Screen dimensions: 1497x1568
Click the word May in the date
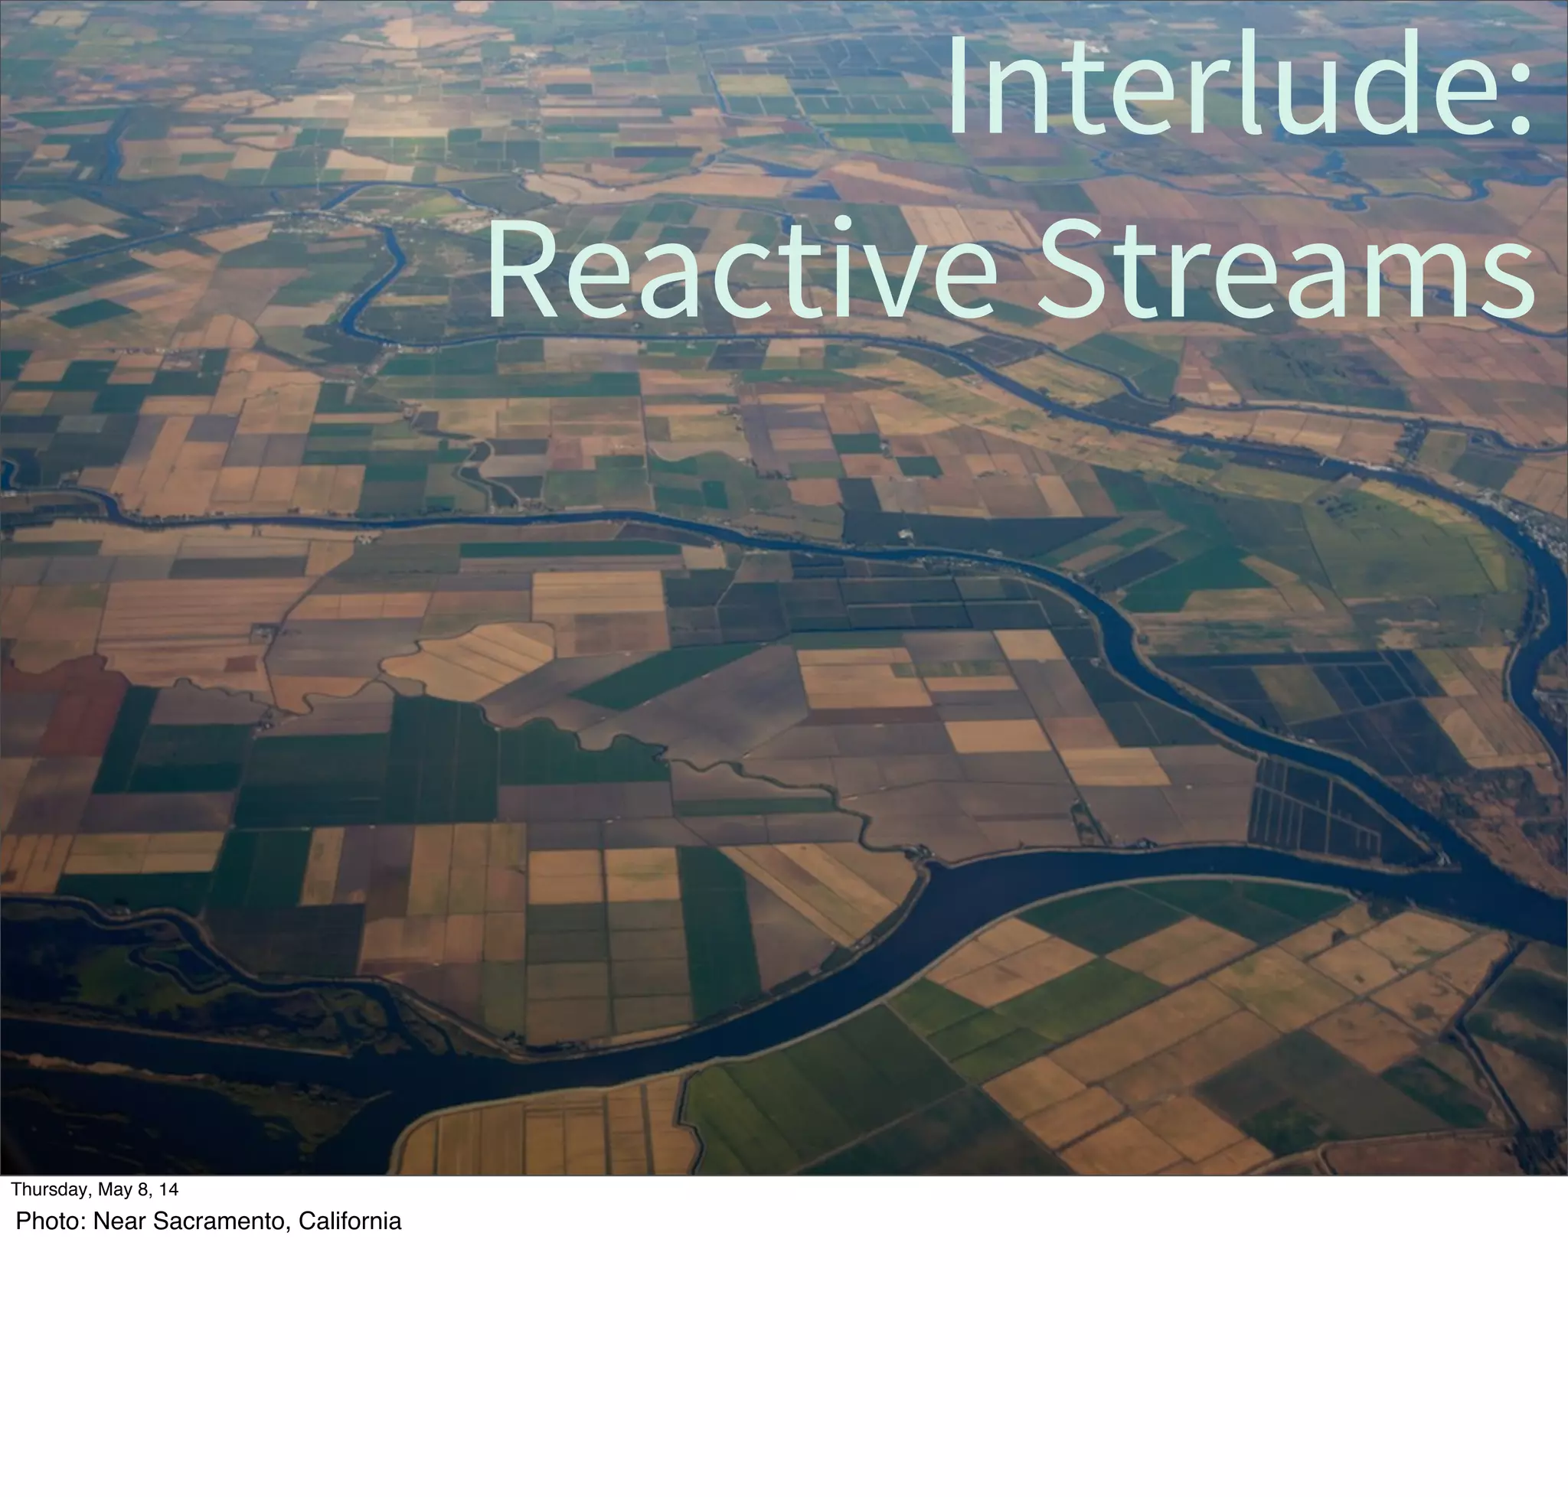tap(113, 1190)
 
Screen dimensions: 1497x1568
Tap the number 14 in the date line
tap(168, 1190)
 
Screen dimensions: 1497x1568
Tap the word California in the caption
tap(349, 1221)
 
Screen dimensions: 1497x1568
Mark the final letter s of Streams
tap(1509, 279)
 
